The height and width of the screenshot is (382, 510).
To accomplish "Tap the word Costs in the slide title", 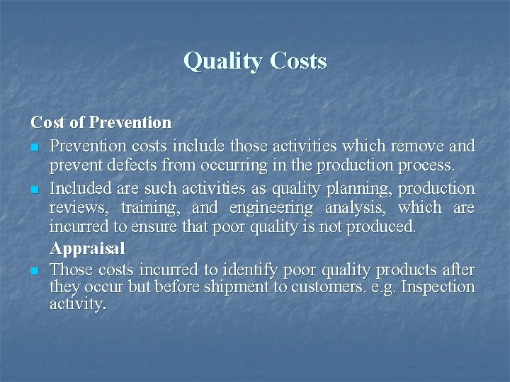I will click(297, 62).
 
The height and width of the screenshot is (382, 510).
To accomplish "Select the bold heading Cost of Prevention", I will click(101, 122).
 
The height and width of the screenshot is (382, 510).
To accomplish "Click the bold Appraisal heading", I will click(87, 249).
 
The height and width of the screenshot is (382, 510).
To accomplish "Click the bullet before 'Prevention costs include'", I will click(35, 146).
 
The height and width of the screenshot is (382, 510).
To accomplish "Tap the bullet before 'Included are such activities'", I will click(35, 190).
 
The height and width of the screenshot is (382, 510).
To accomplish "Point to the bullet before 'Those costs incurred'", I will click(35, 271).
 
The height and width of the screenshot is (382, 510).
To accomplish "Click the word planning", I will click(362, 189).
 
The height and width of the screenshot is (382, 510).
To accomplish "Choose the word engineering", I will click(271, 208).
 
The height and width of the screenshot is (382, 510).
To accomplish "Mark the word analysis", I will click(354, 208).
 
